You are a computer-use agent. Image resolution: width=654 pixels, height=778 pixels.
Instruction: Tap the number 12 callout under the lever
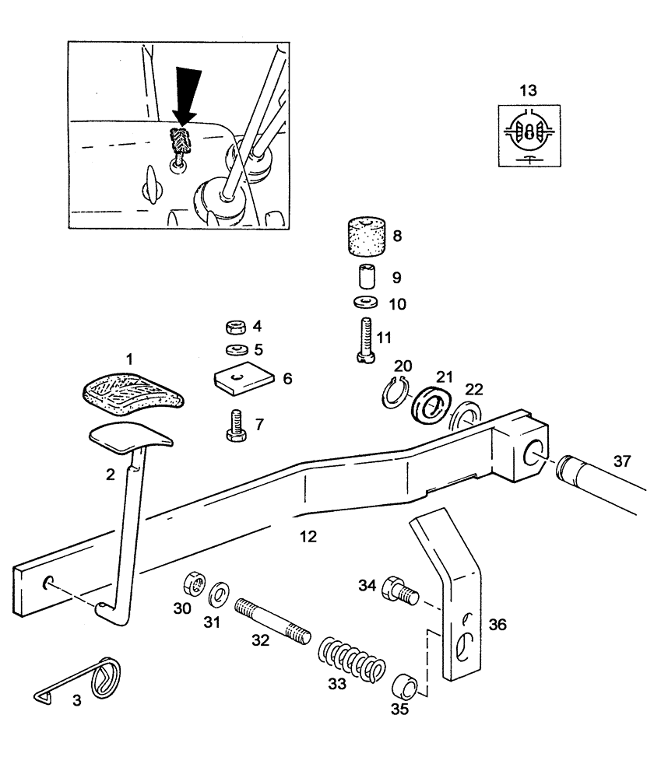click(308, 537)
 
